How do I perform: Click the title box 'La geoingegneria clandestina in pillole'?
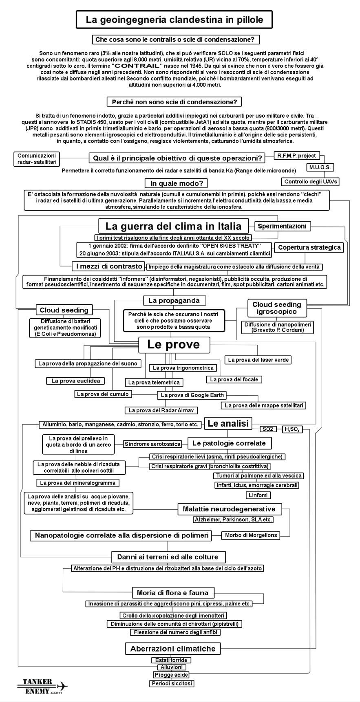tap(174, 19)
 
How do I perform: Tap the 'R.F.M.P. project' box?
tap(296, 155)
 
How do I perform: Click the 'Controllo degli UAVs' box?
tap(311, 182)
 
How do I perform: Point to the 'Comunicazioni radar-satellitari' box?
tap(37, 158)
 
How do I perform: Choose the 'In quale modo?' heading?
tap(176, 183)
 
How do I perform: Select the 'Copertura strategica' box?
tap(309, 247)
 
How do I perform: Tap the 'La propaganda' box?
tap(174, 301)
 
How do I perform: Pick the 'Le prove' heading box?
tap(174, 345)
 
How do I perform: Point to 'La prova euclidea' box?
tap(75, 381)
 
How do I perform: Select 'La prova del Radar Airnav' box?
tap(161, 410)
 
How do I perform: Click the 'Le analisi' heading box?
tap(228, 423)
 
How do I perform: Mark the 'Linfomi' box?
tap(258, 495)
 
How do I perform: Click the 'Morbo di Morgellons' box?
tap(251, 535)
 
